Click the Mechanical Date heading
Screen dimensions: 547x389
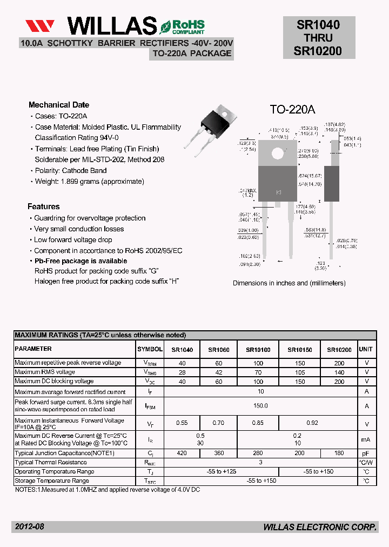coord(58,105)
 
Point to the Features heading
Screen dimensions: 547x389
coord(44,206)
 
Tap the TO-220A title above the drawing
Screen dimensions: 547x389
coord(292,110)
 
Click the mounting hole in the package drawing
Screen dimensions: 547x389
coord(278,153)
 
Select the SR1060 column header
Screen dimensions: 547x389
coord(218,350)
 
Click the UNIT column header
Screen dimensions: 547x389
coord(366,350)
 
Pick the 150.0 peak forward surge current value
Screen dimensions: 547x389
coord(260,406)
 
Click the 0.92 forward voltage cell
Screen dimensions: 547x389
coord(297,424)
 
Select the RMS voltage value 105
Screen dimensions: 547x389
coord(300,372)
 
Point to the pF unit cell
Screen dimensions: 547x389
coord(366,453)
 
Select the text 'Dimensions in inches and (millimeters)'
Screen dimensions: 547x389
coord(289,283)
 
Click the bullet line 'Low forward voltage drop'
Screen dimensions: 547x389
coord(73,240)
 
